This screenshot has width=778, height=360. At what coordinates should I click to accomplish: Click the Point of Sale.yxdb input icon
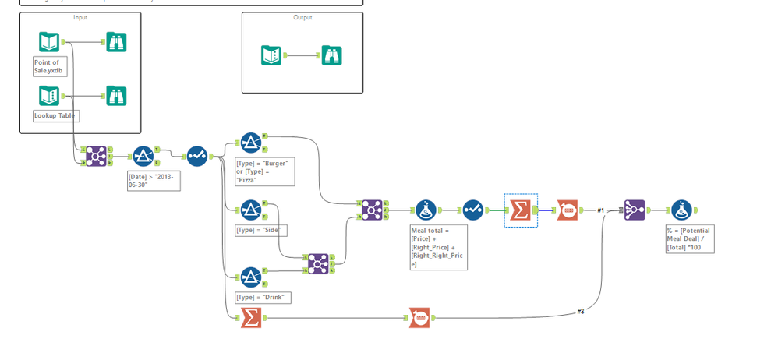tap(49, 42)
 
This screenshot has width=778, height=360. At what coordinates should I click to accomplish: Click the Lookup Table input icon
tap(49, 97)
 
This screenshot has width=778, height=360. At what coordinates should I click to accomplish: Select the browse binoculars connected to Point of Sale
tap(116, 42)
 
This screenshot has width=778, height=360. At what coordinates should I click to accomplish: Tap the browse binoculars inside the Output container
tap(332, 55)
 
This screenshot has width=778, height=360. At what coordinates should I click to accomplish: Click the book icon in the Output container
tap(271, 55)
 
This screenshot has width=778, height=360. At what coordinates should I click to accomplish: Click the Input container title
tap(80, 17)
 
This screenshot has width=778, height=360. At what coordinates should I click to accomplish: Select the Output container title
tap(302, 17)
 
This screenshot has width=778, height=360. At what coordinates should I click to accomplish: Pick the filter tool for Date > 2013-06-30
tap(143, 156)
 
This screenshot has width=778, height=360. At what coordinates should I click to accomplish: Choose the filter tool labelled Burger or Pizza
tap(250, 143)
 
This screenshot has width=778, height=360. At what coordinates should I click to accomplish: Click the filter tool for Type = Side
tap(250, 210)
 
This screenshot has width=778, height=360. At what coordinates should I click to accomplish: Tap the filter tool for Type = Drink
tap(250, 277)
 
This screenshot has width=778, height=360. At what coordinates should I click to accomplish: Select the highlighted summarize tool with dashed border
tap(520, 210)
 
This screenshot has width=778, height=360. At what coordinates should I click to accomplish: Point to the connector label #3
tap(581, 311)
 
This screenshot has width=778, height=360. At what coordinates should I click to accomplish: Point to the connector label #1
tap(601, 210)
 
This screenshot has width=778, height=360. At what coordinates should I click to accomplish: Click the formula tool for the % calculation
tap(681, 210)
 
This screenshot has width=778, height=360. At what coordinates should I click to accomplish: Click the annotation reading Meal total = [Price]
tap(438, 247)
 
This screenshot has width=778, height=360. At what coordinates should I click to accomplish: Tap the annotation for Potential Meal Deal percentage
tap(688, 239)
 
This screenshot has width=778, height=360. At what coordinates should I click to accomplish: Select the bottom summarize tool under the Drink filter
tap(250, 317)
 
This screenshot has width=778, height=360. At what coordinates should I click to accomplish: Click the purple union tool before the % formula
tap(634, 210)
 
